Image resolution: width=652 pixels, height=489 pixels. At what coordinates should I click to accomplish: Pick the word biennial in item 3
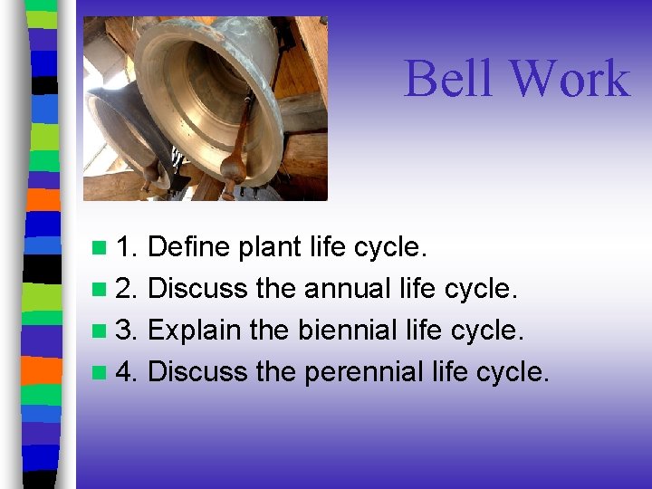[x=347, y=330]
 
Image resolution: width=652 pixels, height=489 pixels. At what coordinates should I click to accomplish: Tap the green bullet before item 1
[x=98, y=247]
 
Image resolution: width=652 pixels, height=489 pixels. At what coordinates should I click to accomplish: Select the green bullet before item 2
[x=98, y=289]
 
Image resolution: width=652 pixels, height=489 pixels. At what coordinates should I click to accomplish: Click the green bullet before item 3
[x=98, y=331]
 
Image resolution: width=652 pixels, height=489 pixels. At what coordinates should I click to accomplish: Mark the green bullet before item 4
[x=98, y=372]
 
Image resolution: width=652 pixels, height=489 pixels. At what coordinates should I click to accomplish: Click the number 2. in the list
[x=127, y=288]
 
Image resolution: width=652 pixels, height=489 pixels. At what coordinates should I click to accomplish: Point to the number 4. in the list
[x=127, y=371]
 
